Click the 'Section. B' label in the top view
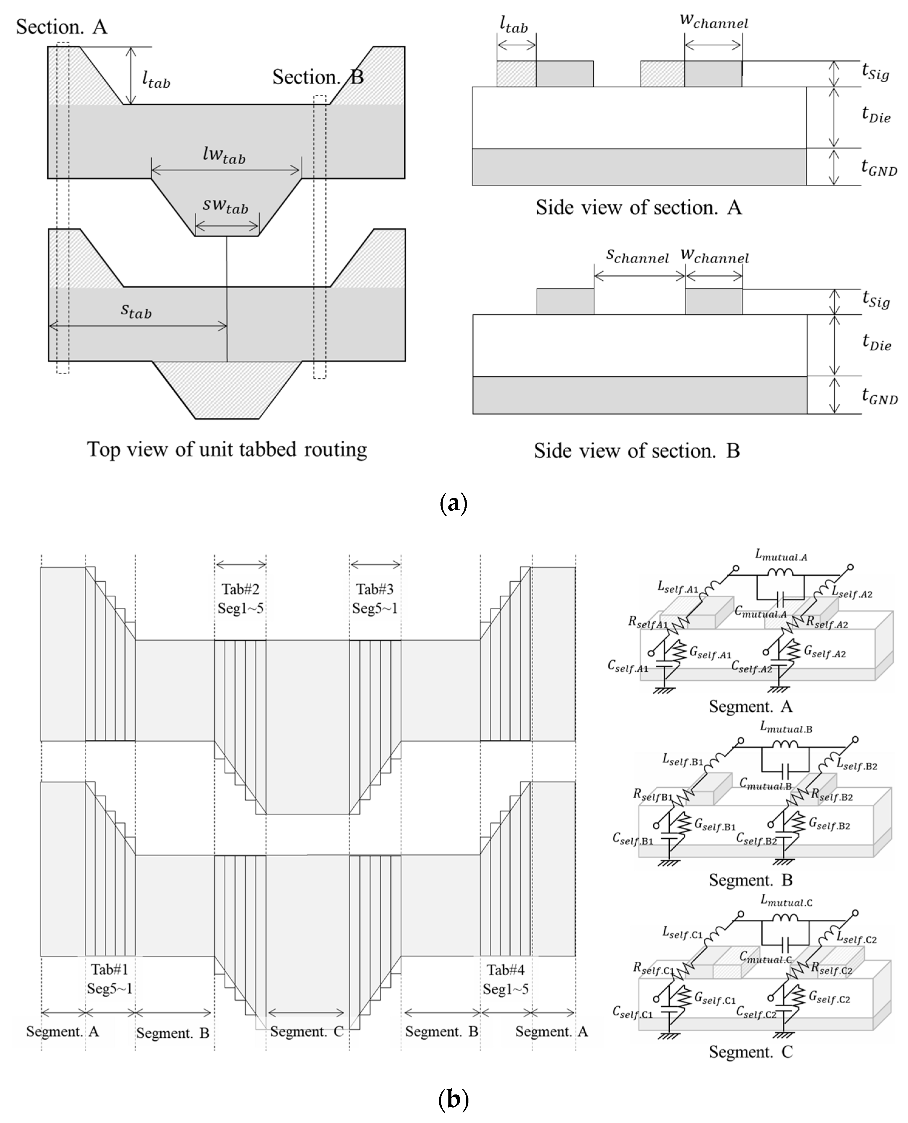[x=318, y=77]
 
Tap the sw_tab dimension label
[x=226, y=206]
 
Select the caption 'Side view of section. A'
[x=639, y=208]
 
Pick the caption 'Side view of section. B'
[x=637, y=450]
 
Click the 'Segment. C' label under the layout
[x=307, y=1032]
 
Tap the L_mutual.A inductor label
[x=781, y=556]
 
